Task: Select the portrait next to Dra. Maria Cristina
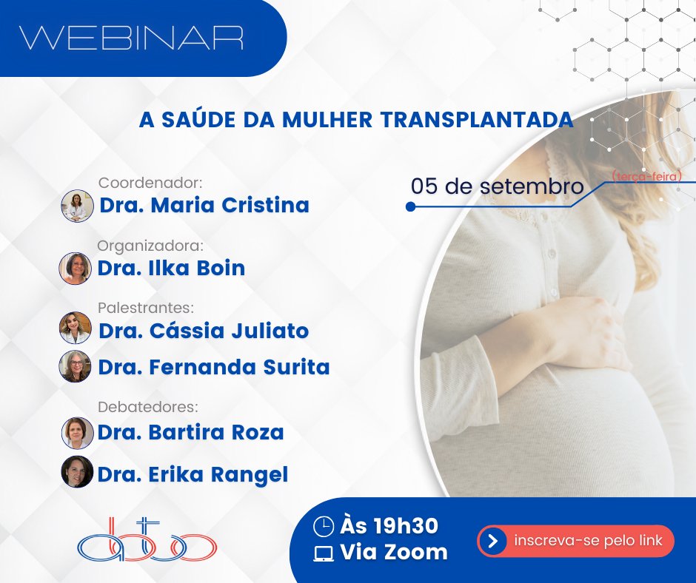coord(76,206)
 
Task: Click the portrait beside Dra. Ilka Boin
coord(76,269)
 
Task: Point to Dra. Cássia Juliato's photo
coord(76,328)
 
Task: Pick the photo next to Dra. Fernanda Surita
coord(76,366)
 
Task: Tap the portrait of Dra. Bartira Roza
coord(77,433)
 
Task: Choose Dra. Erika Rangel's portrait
coord(77,471)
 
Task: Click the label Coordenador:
coord(150,183)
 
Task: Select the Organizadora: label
coord(150,246)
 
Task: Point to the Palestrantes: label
coord(145,307)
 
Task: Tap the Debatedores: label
coord(150,407)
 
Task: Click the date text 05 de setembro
coord(498,186)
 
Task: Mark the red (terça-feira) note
coord(646,175)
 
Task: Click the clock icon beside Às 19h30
coord(324,526)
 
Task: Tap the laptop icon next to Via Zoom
coord(324,553)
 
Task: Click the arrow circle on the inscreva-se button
coord(492,541)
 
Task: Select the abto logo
coord(147,539)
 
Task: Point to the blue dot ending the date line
coord(410,208)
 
